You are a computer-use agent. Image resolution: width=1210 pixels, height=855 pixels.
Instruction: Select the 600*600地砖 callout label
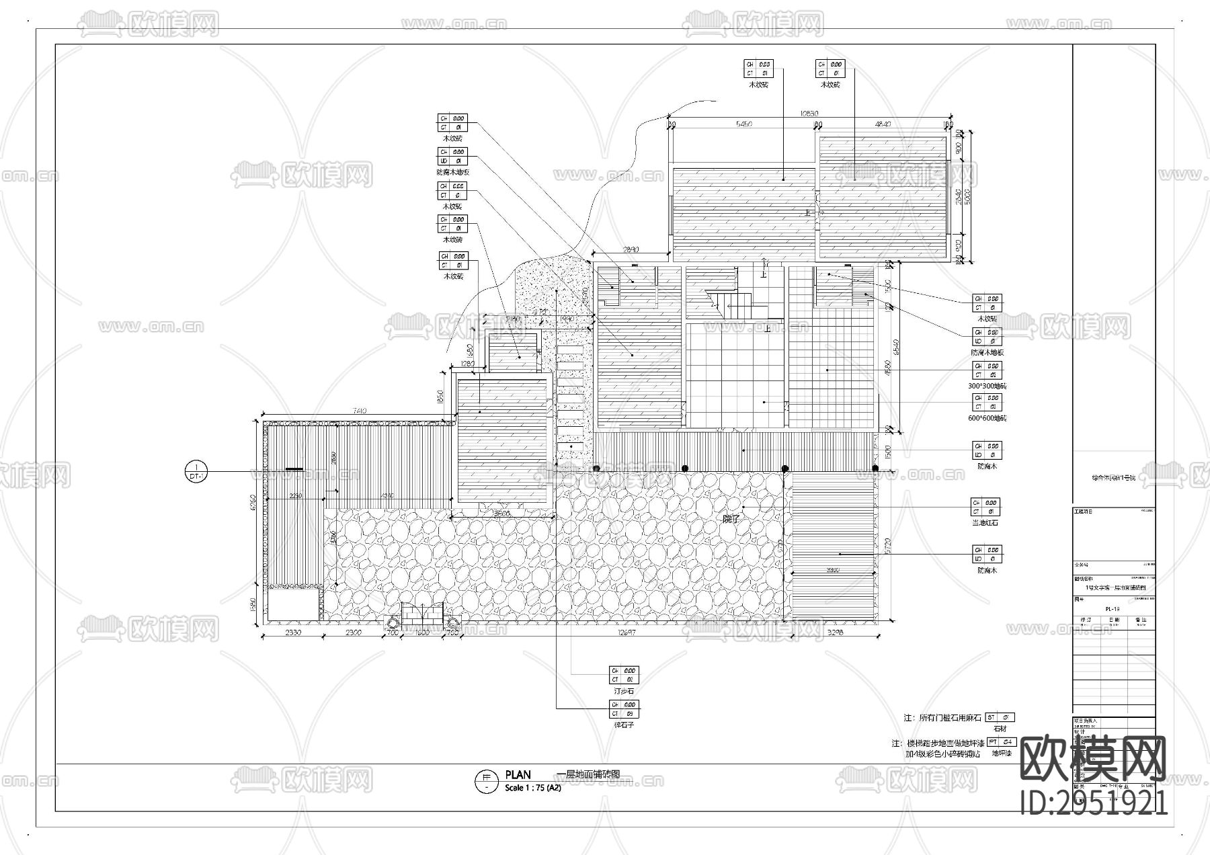tap(987, 418)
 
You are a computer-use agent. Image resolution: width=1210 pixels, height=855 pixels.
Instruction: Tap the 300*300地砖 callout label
tap(987, 386)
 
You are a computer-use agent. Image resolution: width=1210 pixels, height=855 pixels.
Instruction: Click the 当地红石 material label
tap(985, 522)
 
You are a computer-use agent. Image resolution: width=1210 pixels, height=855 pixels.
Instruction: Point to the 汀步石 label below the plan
tap(623, 691)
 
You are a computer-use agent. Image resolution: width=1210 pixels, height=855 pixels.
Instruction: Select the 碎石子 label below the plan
tap(623, 725)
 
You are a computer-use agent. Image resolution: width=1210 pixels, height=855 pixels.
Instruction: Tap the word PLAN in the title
tap(518, 775)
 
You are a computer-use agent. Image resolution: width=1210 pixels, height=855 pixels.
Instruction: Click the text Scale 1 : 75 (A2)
tap(532, 788)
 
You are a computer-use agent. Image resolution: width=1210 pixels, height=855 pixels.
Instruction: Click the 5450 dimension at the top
tap(744, 124)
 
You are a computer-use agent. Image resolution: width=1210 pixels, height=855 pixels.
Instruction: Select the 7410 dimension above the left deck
tap(358, 411)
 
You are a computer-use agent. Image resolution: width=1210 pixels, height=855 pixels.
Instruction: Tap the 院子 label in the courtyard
tap(731, 519)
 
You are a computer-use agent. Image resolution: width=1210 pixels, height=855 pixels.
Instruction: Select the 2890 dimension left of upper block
tap(631, 249)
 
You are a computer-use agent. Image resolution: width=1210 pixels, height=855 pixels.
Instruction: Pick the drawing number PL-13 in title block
tap(1112, 609)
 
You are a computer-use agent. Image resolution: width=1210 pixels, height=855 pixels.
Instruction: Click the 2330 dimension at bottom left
tap(293, 633)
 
